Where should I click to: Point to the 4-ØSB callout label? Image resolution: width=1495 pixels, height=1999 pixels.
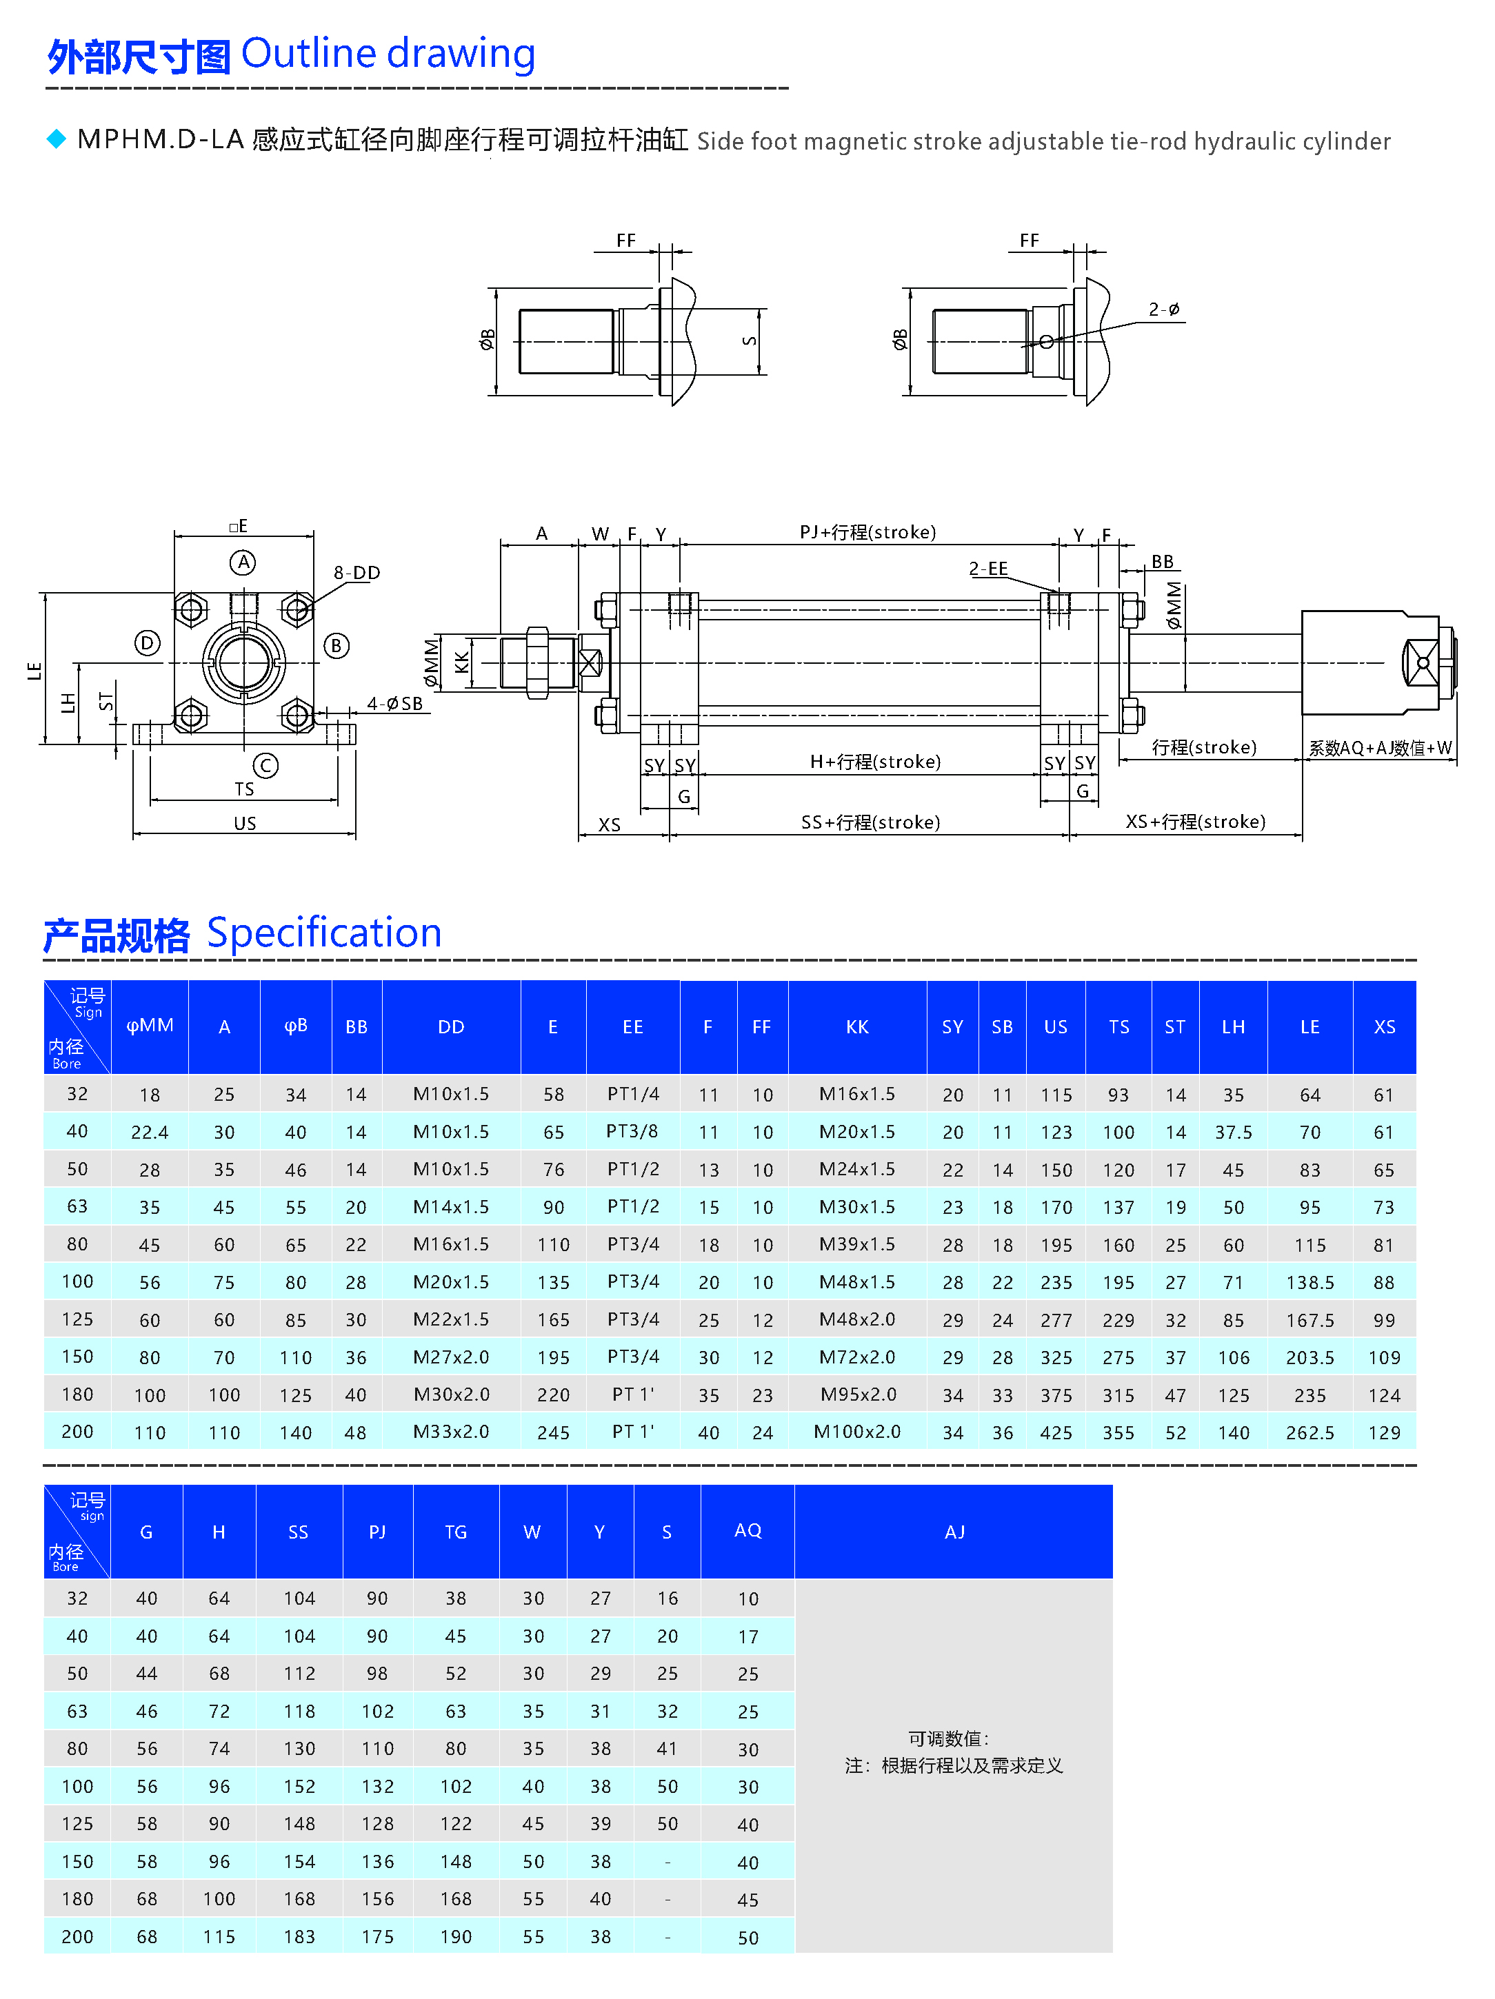tap(395, 703)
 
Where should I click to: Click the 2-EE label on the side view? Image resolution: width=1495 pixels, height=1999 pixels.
tap(988, 569)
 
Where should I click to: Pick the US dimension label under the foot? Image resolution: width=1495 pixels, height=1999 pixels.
tap(245, 823)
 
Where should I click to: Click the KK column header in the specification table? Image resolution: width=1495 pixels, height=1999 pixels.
tap(857, 1026)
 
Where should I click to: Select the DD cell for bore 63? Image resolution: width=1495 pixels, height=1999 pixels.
tap(451, 1206)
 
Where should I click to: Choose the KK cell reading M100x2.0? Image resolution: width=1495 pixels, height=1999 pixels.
tap(857, 1432)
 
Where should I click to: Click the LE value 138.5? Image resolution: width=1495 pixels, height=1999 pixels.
tap(1310, 1282)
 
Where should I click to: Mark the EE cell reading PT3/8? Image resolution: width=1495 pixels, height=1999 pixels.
tap(633, 1131)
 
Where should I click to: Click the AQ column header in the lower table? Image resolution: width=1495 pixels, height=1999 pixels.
tap(747, 1530)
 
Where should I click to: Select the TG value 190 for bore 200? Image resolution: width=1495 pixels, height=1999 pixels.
tap(456, 1937)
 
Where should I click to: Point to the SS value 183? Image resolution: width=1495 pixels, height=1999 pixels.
tap(299, 1937)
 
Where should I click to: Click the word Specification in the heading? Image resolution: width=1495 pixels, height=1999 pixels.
tap(323, 933)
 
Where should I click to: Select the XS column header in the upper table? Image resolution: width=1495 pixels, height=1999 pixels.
tap(1384, 1026)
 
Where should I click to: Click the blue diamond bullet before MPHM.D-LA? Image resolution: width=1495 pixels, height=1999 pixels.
tap(56, 139)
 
